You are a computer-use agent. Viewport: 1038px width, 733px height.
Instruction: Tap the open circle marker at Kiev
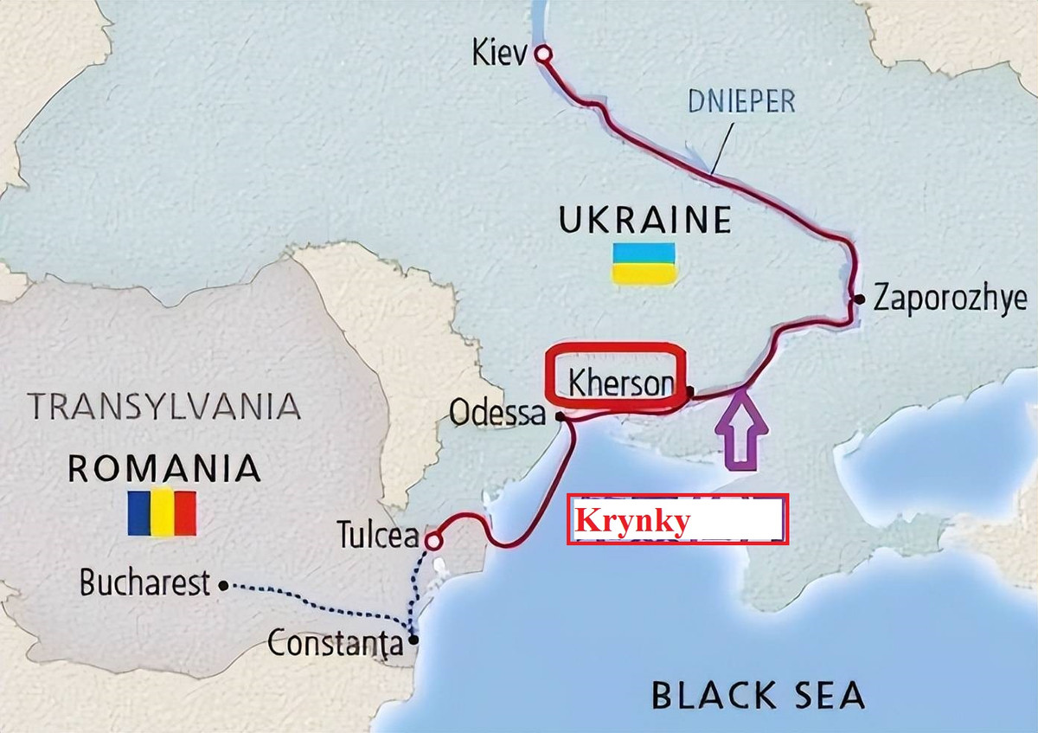[x=542, y=55]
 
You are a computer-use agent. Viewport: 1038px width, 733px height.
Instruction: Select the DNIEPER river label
[x=741, y=101]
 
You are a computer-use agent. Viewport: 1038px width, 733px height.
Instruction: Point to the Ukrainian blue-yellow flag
[x=644, y=263]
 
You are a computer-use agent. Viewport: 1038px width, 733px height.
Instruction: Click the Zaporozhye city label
[x=950, y=299]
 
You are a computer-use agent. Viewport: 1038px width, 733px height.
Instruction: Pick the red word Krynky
[x=632, y=522]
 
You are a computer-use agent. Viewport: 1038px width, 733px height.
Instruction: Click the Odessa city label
[x=497, y=414]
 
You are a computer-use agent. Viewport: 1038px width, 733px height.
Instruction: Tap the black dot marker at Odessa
[x=561, y=416]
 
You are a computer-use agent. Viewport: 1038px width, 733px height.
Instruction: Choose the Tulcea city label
[x=378, y=537]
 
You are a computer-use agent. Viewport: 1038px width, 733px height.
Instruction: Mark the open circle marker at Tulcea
[x=433, y=541]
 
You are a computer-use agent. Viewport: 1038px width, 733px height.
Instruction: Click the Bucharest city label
[x=144, y=583]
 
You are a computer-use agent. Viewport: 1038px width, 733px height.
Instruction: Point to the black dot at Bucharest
[x=223, y=586]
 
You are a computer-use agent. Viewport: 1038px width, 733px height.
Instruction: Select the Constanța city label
[x=336, y=644]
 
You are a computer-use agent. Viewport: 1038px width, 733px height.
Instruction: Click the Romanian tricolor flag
[x=162, y=513]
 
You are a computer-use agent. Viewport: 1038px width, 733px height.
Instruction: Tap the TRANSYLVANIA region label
[x=164, y=405]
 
